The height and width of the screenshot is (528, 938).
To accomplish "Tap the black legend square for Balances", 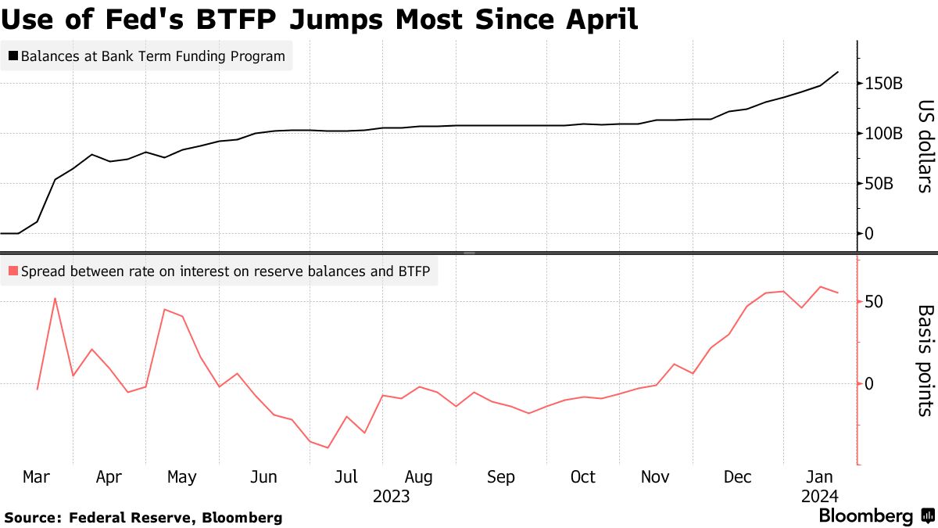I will (x=13, y=56).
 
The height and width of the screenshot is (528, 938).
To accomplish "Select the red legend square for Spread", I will (x=13, y=272).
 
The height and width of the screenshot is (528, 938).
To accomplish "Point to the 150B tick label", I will (x=883, y=83).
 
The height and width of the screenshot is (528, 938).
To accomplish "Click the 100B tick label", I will (x=883, y=133).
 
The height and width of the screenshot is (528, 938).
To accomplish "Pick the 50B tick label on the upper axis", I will (x=879, y=184).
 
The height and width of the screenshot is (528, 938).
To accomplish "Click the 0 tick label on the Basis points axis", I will (x=868, y=383).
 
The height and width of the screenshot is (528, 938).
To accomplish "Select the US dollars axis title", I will (x=925, y=145).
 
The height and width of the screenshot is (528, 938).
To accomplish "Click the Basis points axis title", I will (x=925, y=359).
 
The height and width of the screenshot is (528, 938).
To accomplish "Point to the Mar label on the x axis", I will (x=38, y=477).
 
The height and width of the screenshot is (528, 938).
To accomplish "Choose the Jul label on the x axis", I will (x=345, y=477).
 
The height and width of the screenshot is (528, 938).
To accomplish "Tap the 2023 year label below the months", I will (x=392, y=497).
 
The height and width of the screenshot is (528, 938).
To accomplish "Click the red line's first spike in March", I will (x=55, y=298).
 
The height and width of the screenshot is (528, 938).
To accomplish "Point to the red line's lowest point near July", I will (x=328, y=448).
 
